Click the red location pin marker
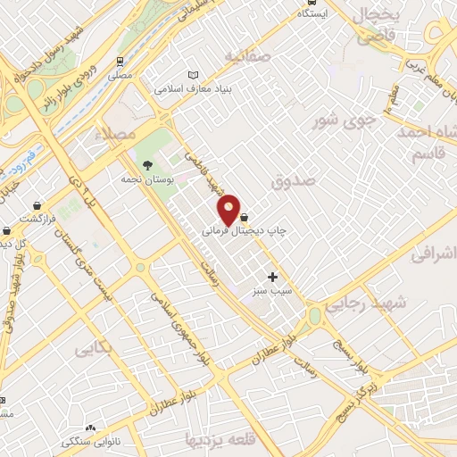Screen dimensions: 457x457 (x=229, y=209)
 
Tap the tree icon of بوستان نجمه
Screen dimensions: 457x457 (x=147, y=164)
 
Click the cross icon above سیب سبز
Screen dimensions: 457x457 (x=273, y=277)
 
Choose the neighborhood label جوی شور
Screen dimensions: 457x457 (x=337, y=120)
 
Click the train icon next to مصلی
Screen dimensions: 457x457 (x=120, y=62)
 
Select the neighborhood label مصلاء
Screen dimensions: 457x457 (x=120, y=132)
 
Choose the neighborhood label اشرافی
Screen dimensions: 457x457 (x=434, y=255)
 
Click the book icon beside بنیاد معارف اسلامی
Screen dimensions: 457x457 (x=194, y=76)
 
